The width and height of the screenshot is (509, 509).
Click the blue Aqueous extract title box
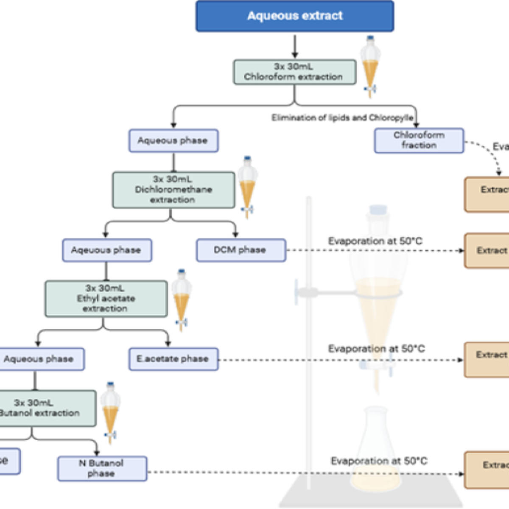click(x=294, y=16)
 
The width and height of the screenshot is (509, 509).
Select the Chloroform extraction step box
click(x=294, y=72)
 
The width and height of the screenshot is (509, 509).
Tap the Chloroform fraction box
click(x=419, y=140)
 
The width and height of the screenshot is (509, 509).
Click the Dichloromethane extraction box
click(x=173, y=190)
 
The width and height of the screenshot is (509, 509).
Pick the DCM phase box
click(x=241, y=250)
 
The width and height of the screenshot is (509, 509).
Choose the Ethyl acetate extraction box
click(x=106, y=298)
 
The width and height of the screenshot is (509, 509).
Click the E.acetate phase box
click(x=173, y=359)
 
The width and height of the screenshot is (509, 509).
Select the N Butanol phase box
click(x=102, y=468)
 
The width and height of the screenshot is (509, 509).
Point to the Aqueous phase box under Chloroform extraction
click(x=173, y=140)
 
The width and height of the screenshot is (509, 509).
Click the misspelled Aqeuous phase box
click(x=106, y=250)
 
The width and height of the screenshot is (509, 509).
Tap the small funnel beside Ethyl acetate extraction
click(x=181, y=299)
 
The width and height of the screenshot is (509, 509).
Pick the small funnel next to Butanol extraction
click(x=110, y=412)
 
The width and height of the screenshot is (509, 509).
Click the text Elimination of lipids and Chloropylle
click(x=342, y=117)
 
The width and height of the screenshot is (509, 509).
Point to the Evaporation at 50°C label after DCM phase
click(x=375, y=241)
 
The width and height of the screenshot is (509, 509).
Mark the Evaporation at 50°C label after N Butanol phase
click(x=379, y=461)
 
